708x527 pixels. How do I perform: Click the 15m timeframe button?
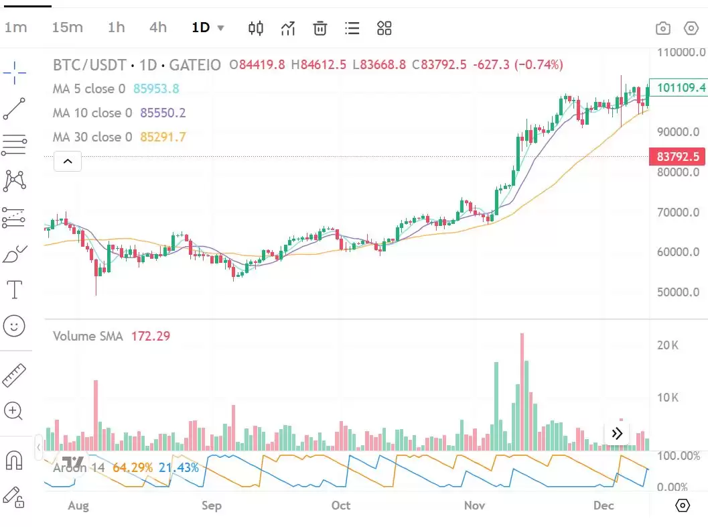tap(67, 27)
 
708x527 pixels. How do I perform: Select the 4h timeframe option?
tap(158, 27)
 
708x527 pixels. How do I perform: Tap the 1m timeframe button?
tap(15, 27)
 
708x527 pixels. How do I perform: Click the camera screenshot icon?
tap(662, 28)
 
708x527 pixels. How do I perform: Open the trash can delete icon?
tap(320, 28)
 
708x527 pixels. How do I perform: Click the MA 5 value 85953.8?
tap(156, 89)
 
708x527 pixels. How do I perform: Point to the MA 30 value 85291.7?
tap(163, 137)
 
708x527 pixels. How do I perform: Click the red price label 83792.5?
tap(678, 157)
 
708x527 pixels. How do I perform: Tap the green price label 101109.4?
tap(681, 88)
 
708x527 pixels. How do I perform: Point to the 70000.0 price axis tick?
tap(678, 213)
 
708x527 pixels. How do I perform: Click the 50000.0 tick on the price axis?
tap(678, 292)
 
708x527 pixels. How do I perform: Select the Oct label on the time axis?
tap(341, 506)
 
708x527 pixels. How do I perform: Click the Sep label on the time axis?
tap(212, 506)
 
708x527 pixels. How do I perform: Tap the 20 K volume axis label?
tap(668, 345)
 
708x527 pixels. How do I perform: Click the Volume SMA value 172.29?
tap(151, 336)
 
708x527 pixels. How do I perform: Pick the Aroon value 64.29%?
tap(133, 467)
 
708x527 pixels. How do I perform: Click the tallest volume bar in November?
tap(522, 392)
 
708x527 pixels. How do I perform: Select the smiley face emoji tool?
tap(14, 326)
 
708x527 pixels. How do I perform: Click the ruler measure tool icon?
tap(14, 375)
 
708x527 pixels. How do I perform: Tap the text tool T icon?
tap(14, 290)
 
